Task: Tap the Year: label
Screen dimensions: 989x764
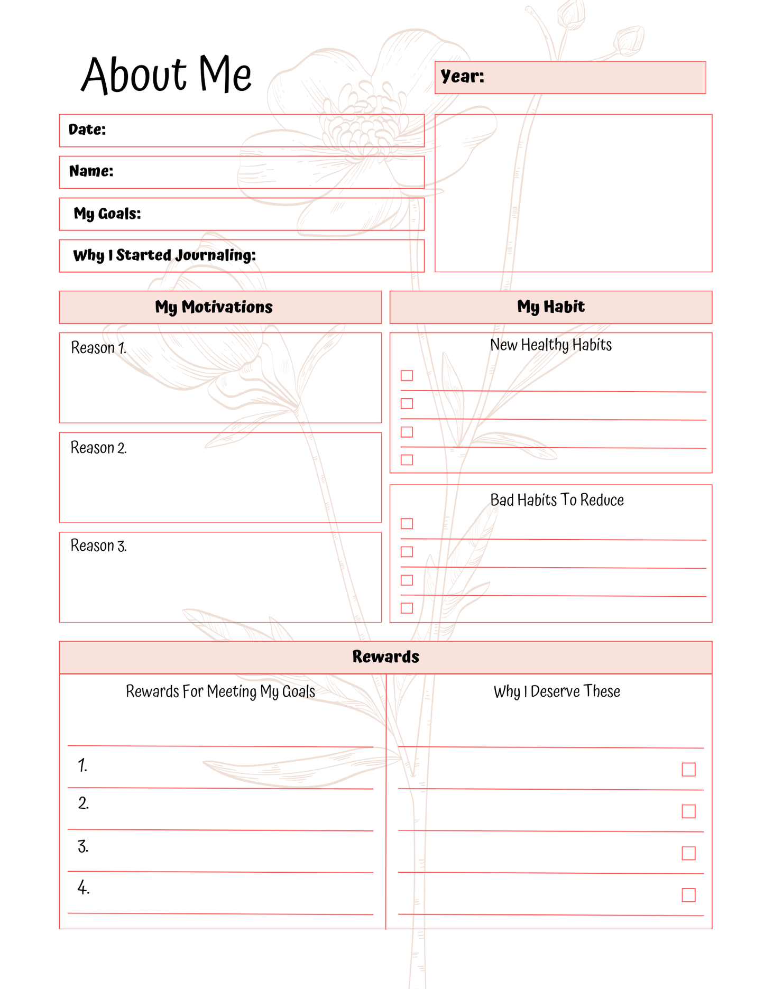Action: (462, 77)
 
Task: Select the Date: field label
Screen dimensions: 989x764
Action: (87, 130)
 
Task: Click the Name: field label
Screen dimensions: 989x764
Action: (91, 171)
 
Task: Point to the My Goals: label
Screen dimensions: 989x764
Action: (107, 214)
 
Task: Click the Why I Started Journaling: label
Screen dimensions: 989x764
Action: (164, 255)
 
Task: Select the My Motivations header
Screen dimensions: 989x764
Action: (214, 307)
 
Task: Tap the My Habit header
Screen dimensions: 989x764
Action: (550, 307)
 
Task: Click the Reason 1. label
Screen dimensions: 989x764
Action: (98, 348)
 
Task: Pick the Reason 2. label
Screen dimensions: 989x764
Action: (98, 448)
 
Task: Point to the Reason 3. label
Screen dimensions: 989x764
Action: (98, 546)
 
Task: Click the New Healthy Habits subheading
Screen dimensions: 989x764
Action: (550, 345)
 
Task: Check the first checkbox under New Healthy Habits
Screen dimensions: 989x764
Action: (407, 375)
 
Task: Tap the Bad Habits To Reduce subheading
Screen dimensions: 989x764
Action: (557, 500)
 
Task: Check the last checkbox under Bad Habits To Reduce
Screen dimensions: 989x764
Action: (407, 608)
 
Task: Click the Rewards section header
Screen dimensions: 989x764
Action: (385, 657)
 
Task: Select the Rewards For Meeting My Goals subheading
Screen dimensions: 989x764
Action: (220, 691)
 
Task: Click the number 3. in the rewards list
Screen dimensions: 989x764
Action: (83, 847)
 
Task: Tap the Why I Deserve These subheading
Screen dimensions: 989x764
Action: (556, 691)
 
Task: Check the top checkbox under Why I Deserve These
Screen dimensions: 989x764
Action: (688, 769)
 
